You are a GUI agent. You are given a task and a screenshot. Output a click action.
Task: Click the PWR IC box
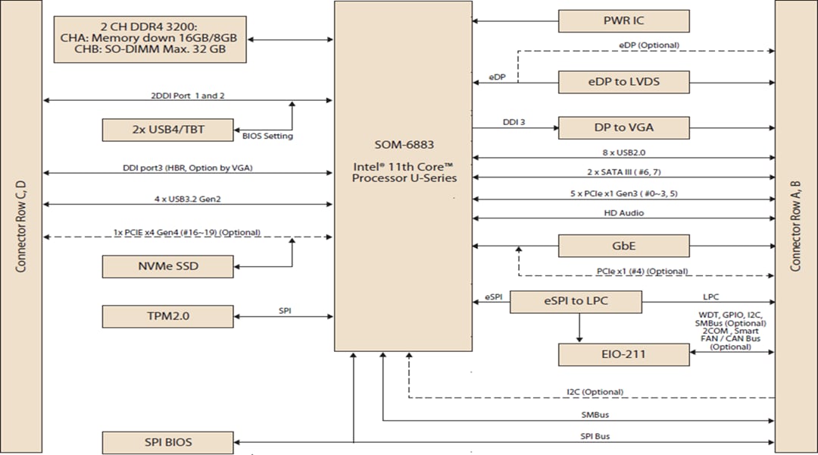coord(623,20)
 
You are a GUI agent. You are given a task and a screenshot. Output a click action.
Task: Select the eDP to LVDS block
coord(623,82)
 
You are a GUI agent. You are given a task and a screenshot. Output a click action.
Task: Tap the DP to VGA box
coord(623,127)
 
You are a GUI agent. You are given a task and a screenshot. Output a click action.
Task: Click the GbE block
coord(623,246)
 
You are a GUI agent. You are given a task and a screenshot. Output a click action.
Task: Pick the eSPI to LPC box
coord(576,301)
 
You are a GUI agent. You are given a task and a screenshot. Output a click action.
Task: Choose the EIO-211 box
coord(623,354)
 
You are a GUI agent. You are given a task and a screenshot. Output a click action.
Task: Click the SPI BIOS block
coord(167,442)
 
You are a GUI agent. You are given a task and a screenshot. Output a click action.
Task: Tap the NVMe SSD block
coord(167,266)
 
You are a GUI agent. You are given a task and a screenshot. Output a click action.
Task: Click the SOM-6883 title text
coord(404,144)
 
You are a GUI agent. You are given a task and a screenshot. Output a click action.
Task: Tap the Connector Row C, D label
coord(20,227)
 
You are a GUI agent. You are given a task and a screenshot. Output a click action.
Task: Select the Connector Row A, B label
coord(796,227)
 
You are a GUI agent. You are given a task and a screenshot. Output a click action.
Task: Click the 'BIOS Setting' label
coord(267,136)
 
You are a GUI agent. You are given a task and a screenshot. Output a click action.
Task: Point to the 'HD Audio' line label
coord(623,213)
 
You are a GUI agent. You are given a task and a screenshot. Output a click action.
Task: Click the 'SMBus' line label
coord(594,415)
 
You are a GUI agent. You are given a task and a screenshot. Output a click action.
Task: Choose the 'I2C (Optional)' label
coord(595,392)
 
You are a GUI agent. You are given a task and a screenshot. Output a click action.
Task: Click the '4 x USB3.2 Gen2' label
coord(187,199)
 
